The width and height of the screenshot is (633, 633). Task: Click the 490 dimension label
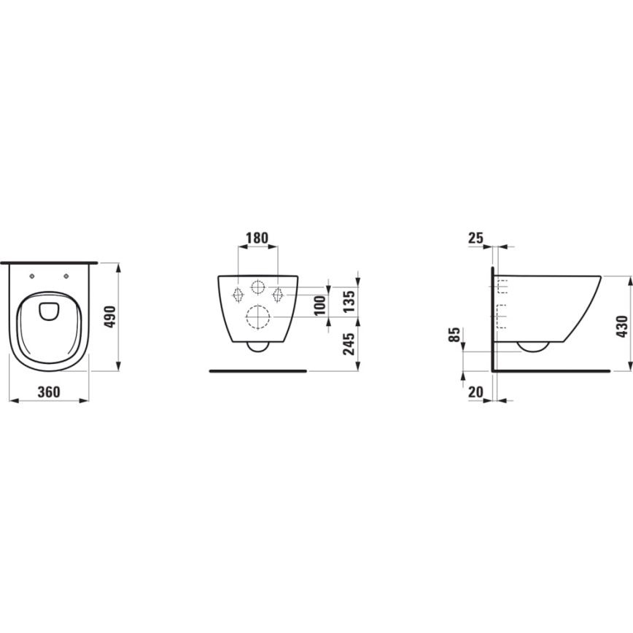pos(109,317)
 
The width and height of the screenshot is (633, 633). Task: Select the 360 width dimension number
pos(48,392)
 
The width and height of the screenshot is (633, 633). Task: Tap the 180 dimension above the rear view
pos(257,238)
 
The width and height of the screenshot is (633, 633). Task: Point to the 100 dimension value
pos(319,305)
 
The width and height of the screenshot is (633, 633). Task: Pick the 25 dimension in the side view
pos(476,238)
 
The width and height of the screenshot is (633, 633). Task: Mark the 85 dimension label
pos(455,336)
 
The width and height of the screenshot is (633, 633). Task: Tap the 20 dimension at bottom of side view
pos(476,392)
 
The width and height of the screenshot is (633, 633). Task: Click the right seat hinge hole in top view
pos(66,276)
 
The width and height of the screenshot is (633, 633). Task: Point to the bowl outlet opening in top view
pos(50,309)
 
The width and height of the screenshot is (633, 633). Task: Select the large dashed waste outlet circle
pos(258,317)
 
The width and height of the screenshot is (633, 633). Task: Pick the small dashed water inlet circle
pos(258,287)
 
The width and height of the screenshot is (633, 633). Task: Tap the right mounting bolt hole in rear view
pos(278,294)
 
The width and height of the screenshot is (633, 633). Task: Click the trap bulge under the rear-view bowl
pos(258,346)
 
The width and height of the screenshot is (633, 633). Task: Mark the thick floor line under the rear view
pos(258,370)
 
